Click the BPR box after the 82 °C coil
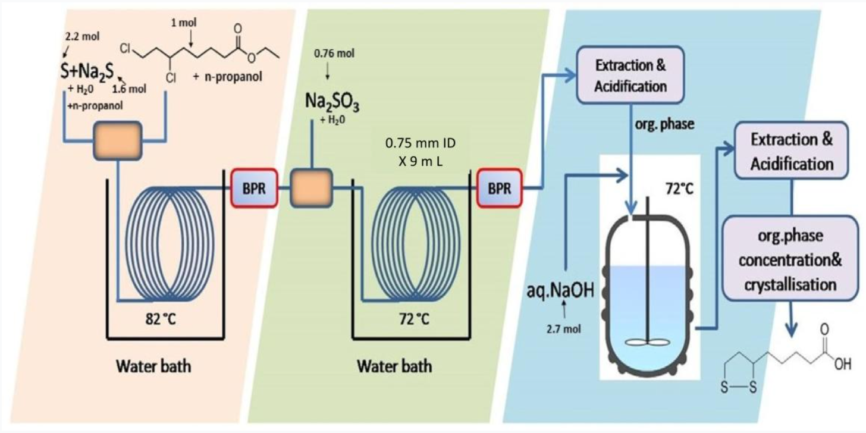coord(255,189)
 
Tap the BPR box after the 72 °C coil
coord(500,189)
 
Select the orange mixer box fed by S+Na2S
coord(118,140)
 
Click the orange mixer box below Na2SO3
coord(312,189)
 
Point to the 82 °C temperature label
coord(161,319)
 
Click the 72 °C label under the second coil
coord(414,319)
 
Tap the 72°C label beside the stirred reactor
coord(679,189)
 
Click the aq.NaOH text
coord(560,290)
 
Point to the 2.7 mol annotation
coord(563,329)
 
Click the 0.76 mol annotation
coord(334,54)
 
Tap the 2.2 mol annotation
coord(82,36)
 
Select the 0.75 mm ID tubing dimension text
coord(421,143)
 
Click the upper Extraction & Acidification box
coord(630,75)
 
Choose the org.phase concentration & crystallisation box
coord(790,258)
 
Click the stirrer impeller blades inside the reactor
coord(647,342)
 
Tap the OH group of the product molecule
coord(843,364)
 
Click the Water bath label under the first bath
coord(153,366)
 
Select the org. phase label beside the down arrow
coord(664,124)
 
